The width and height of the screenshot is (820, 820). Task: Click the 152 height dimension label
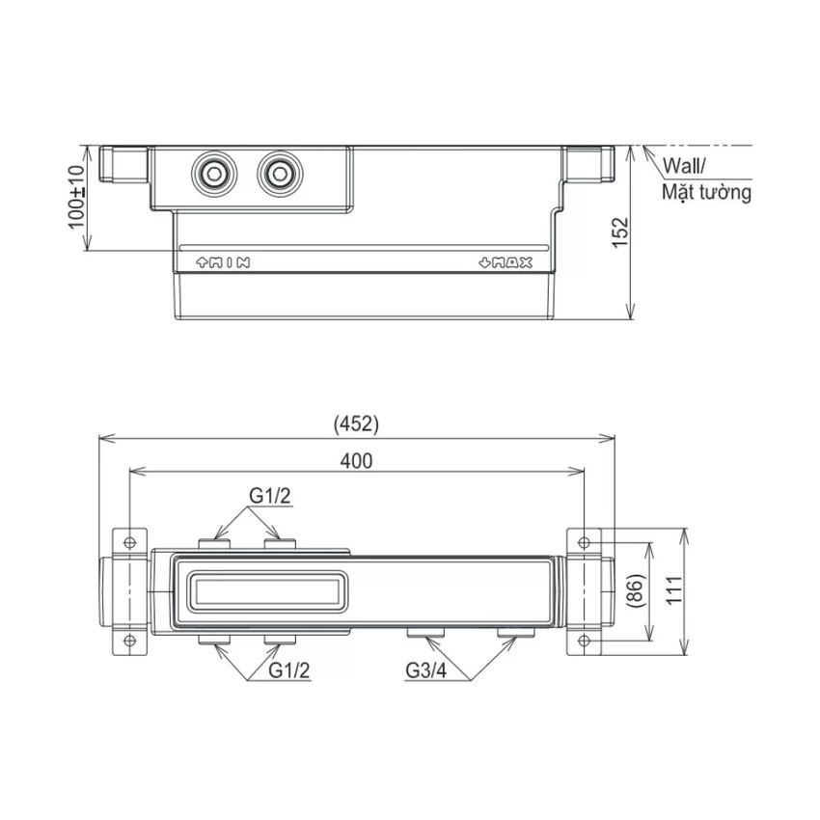(620, 232)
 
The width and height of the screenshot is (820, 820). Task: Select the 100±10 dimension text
(76, 197)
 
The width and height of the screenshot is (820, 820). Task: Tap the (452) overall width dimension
(356, 424)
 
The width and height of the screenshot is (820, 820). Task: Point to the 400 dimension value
(356, 461)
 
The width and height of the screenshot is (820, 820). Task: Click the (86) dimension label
(636, 591)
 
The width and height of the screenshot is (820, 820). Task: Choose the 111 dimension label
(674, 590)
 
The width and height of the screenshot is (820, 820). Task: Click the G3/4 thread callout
(426, 670)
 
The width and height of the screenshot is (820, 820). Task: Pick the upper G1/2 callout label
(270, 496)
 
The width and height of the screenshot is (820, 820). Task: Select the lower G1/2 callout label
(289, 670)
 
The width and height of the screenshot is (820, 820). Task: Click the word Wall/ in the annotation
(684, 166)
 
